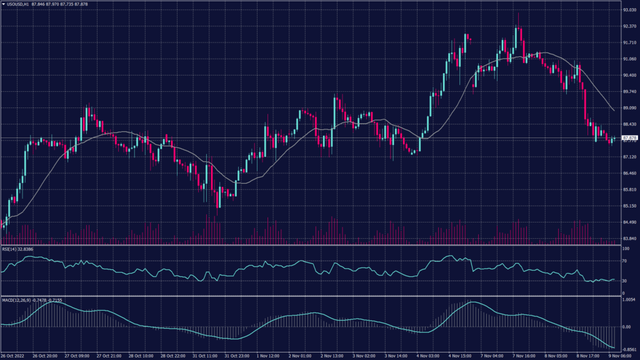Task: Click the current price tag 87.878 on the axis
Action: (x=628, y=138)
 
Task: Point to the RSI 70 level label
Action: (x=623, y=260)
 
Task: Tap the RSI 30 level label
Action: (x=623, y=281)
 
